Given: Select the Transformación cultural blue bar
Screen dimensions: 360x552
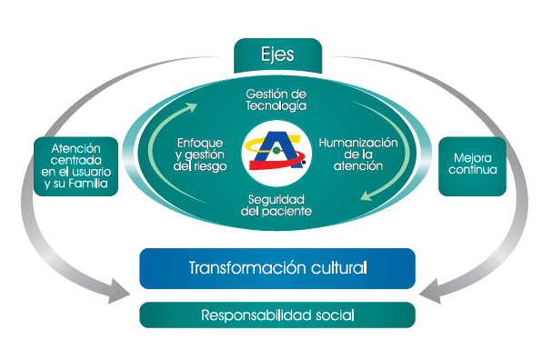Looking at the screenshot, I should coord(277,268).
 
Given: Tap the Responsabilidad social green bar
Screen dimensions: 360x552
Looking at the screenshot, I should coord(277,315).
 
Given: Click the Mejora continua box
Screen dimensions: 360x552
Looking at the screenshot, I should coord(472,165).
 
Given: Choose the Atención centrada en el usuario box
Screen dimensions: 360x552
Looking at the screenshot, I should coord(75,165).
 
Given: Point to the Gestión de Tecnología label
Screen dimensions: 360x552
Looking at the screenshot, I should coord(277,99).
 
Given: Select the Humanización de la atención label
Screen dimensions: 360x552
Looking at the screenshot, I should coord(358,154).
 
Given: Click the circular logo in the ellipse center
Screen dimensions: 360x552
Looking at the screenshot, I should coord(277,153).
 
